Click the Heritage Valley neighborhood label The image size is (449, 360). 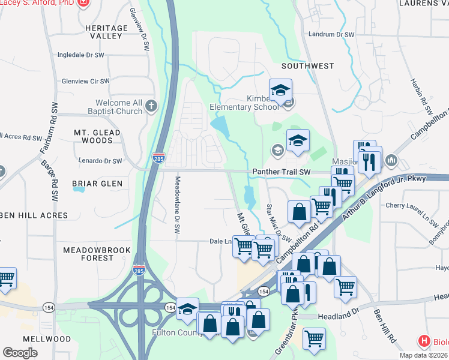[106, 32]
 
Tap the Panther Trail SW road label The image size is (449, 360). [280, 172]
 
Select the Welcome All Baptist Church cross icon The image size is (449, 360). [151, 106]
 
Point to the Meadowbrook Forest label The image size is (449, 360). [88, 253]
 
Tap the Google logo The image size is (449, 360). [20, 353]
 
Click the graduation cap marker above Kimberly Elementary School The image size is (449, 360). [280, 91]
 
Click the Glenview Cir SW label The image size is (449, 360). [86, 81]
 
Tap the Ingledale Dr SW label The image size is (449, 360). [81, 55]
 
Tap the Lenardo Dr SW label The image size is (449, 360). [100, 161]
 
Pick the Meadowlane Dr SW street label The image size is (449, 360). [177, 208]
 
